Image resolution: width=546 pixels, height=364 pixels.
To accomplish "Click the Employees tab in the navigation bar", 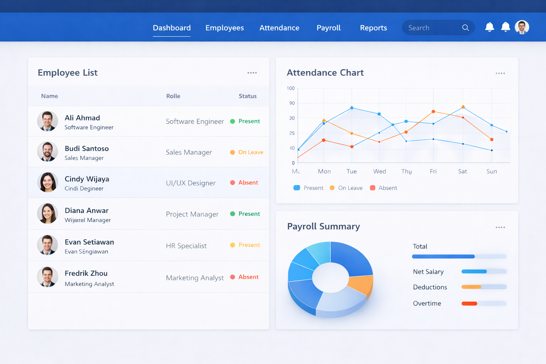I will click(224, 28).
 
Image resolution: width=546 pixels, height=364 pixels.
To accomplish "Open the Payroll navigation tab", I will click(328, 28).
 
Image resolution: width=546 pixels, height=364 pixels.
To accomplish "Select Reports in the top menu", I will click(373, 28).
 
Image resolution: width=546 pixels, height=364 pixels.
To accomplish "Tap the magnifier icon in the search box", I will click(465, 28).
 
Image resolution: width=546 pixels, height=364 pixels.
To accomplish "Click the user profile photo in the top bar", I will click(522, 27).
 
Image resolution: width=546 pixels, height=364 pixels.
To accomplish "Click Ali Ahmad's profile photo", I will click(47, 121).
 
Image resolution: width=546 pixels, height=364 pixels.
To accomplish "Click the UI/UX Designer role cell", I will click(191, 183).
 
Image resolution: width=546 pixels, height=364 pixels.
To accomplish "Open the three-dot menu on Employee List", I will click(252, 73).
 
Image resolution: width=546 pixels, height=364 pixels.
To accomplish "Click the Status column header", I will click(247, 96).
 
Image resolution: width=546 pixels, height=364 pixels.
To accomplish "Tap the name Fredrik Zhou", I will click(86, 273).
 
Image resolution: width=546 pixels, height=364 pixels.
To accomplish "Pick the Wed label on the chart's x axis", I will click(379, 171).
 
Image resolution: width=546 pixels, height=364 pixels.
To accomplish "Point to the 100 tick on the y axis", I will click(291, 88).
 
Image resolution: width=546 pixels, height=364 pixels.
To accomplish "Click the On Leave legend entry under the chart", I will click(346, 188).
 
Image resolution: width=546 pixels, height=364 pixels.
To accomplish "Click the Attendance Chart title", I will click(325, 73).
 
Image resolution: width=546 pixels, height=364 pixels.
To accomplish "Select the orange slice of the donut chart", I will click(361, 284).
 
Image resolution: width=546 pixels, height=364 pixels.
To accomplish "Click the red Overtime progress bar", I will click(469, 304).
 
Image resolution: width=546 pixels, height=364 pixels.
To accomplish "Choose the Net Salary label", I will click(428, 272).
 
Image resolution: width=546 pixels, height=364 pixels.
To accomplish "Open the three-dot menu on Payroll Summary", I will click(500, 227).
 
